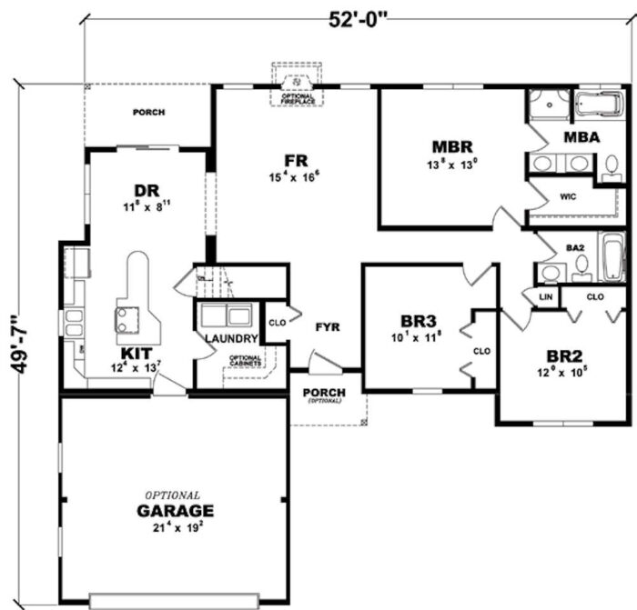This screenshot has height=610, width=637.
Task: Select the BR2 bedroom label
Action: (565, 355)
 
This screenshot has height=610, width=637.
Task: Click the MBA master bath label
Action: (581, 138)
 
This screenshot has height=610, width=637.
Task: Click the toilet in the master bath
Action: (612, 166)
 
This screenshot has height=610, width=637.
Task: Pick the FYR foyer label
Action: (327, 327)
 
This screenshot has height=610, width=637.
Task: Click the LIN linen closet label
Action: (546, 296)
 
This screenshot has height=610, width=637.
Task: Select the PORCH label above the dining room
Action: (148, 114)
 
